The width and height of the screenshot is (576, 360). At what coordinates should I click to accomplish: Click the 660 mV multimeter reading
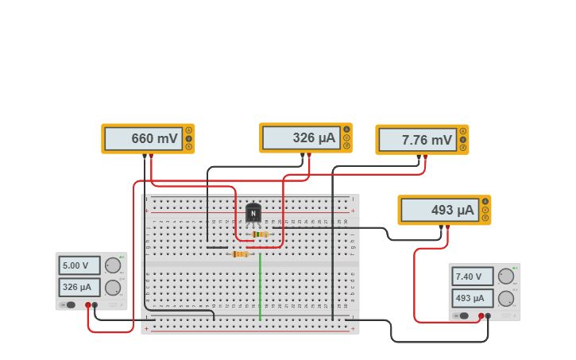tap(143, 138)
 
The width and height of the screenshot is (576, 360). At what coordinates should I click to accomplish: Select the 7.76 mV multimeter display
tap(416, 140)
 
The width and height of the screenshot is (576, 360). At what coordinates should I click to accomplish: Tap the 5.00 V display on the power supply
tap(79, 265)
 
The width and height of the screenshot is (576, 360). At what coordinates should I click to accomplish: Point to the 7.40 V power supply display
tap(472, 277)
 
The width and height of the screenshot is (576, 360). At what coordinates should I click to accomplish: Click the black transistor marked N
tap(253, 214)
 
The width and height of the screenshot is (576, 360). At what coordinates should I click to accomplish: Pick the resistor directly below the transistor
tap(258, 234)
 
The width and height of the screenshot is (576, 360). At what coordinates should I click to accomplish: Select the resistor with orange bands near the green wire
tap(240, 254)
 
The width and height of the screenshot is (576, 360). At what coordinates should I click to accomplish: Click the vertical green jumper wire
tap(260, 286)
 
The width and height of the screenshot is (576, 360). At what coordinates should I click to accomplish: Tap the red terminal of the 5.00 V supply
tap(88, 305)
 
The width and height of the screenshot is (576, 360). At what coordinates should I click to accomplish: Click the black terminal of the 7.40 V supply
tap(489, 316)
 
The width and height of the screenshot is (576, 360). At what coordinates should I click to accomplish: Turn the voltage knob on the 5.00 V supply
tap(113, 265)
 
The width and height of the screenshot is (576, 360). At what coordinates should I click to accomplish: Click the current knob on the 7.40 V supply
tap(505, 298)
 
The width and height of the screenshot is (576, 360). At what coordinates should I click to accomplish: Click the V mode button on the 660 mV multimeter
tap(188, 138)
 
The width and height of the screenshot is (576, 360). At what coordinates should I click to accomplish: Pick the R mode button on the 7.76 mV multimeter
tap(462, 148)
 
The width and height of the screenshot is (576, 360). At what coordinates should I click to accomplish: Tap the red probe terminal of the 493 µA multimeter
tap(448, 227)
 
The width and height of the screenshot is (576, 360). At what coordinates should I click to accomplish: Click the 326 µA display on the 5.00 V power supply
tap(79, 287)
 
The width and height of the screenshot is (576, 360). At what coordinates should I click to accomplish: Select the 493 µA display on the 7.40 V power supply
tap(472, 298)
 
